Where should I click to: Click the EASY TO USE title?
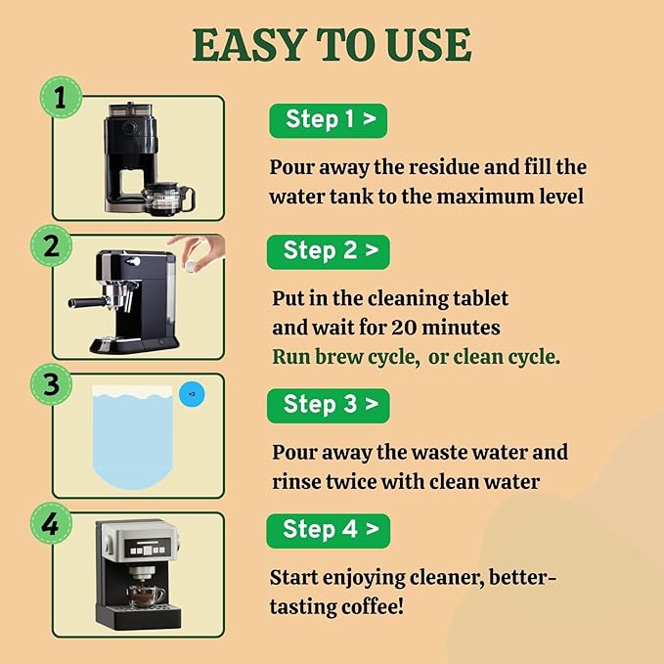coord(332,45)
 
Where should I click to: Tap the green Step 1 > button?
coord(327,120)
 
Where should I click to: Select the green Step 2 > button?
coord(328,250)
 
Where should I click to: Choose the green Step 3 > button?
coord(328,404)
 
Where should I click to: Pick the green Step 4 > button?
coord(328,530)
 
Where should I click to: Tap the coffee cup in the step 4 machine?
coord(146,594)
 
